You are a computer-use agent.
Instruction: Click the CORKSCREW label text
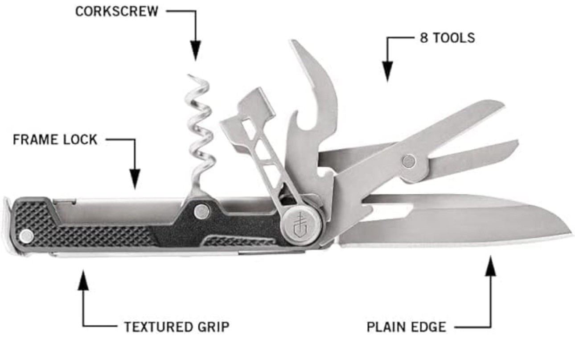tap(116, 12)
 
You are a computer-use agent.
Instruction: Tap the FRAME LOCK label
tap(55, 140)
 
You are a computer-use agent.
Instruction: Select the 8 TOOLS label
tap(447, 38)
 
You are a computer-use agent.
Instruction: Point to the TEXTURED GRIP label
tap(177, 327)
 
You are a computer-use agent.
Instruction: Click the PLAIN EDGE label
tap(406, 327)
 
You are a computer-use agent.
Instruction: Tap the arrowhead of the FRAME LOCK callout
tap(134, 178)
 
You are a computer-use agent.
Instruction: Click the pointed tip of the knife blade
tap(570, 233)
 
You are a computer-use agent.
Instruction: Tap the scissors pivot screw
tap(408, 161)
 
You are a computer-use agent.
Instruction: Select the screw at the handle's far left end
tap(27, 235)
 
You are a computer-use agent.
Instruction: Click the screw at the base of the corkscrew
tap(202, 211)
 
